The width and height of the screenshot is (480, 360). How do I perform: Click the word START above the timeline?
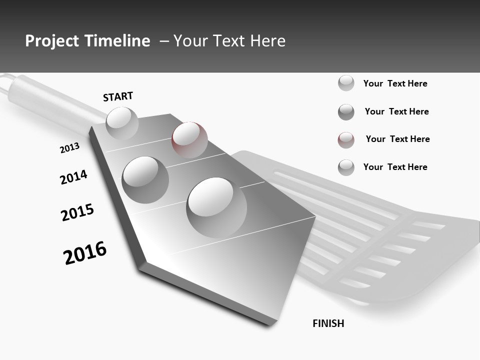[118, 96]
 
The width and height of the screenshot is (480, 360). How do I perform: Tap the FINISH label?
[328, 323]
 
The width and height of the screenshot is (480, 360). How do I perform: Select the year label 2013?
[69, 148]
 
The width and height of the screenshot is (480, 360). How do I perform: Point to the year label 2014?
[73, 177]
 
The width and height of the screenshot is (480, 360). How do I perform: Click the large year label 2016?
[85, 253]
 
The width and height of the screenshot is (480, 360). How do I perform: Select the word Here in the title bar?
[267, 41]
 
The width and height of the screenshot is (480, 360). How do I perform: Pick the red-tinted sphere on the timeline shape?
[189, 139]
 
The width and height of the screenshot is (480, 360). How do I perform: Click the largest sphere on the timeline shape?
[216, 207]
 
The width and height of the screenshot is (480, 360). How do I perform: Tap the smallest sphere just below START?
[122, 123]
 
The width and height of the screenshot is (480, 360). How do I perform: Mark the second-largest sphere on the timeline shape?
[145, 179]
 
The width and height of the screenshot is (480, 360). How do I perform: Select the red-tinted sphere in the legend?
[346, 140]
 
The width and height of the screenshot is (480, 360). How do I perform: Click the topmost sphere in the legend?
[346, 83]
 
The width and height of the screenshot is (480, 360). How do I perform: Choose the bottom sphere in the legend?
[346, 167]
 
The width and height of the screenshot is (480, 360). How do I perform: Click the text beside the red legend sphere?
[397, 139]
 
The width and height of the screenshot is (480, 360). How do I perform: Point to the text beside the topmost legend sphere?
[395, 83]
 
